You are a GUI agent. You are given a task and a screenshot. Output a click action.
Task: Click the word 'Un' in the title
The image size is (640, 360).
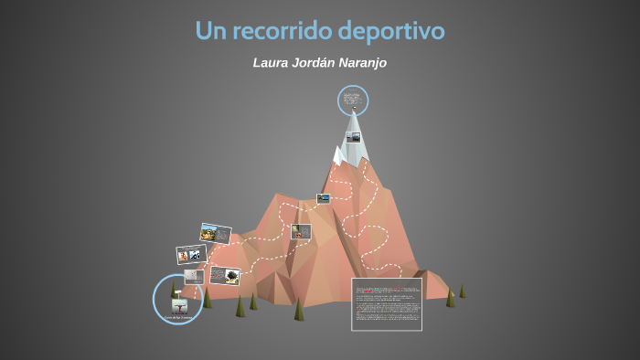209,31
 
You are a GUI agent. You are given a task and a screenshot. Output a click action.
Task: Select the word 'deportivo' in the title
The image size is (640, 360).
395,32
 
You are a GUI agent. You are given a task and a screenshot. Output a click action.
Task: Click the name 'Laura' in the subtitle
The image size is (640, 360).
273,63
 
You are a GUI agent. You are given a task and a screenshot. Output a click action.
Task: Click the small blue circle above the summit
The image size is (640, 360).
353,100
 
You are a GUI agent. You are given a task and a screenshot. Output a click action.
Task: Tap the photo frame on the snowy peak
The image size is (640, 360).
353,137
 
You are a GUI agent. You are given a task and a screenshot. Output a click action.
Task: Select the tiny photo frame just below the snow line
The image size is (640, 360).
323,198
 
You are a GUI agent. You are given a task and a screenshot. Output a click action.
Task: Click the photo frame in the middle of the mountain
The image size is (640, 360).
301,231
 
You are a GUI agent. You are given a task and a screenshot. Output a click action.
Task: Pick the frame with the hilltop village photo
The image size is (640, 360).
215,234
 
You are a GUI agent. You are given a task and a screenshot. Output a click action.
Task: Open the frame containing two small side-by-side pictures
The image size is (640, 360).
191,254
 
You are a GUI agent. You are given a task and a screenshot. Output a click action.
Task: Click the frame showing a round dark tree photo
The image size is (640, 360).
224,275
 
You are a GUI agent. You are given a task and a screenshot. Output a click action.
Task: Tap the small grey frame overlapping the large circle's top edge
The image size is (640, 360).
193,275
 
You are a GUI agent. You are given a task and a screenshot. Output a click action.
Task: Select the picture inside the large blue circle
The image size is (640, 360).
179,304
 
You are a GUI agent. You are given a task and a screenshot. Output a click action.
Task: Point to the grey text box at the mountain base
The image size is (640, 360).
387,303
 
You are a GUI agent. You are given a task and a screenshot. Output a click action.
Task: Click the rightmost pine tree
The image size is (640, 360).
462,291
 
